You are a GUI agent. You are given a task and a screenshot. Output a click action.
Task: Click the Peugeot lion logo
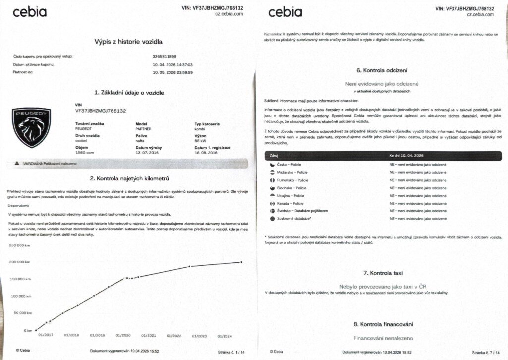[x=31, y=128]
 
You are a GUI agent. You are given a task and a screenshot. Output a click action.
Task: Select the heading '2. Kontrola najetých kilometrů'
[x=129, y=178]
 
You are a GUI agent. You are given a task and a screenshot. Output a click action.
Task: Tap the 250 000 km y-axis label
[x=20, y=245]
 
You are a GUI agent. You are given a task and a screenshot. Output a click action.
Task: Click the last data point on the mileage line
[x=241, y=262]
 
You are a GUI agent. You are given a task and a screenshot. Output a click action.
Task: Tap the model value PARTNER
[x=144, y=128]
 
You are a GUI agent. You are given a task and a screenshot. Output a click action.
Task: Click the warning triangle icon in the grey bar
[x=17, y=162]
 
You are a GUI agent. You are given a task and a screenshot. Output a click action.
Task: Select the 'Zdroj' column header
[x=274, y=155]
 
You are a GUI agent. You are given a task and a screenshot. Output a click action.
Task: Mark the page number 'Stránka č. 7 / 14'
[x=488, y=352]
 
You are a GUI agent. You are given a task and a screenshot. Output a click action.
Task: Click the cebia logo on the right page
[x=285, y=12]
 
